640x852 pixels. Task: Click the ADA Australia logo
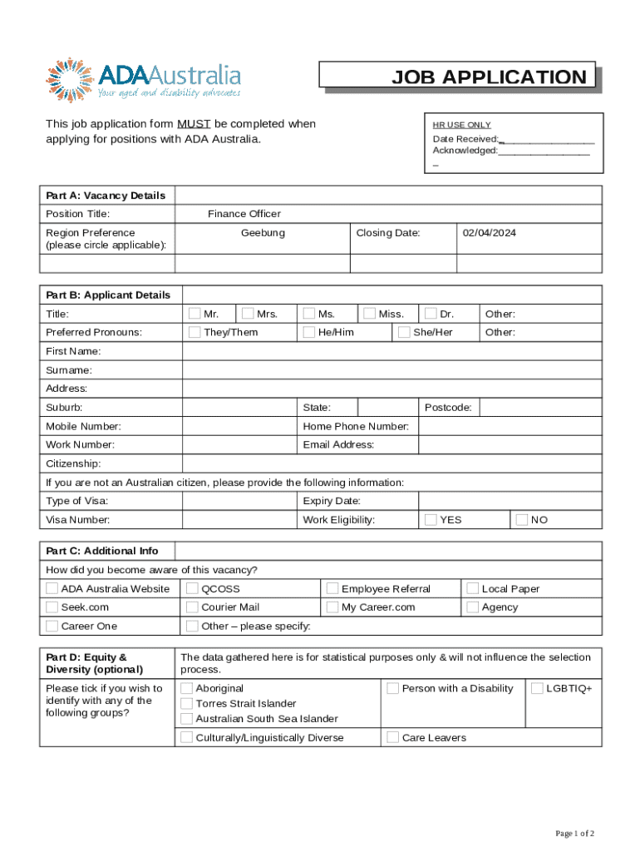143,80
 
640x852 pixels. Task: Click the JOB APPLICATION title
489,77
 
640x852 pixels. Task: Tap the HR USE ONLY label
461,125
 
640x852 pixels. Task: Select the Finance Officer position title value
244,214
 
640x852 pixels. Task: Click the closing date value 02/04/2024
490,233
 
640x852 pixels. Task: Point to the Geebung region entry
263,233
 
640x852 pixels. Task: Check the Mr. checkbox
194,314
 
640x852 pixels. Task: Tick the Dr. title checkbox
431,314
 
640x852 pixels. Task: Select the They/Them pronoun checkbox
194,332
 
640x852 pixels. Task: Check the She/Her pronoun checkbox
404,332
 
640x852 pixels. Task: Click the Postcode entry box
540,408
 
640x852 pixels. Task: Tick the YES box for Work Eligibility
431,519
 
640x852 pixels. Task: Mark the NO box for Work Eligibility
522,519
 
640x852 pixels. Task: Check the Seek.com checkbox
52,607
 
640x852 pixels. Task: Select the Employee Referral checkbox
332,588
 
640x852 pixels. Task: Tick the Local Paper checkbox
472,588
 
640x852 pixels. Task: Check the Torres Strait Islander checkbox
187,703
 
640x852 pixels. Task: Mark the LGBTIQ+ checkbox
537,688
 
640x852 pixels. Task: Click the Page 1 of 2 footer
574,833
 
